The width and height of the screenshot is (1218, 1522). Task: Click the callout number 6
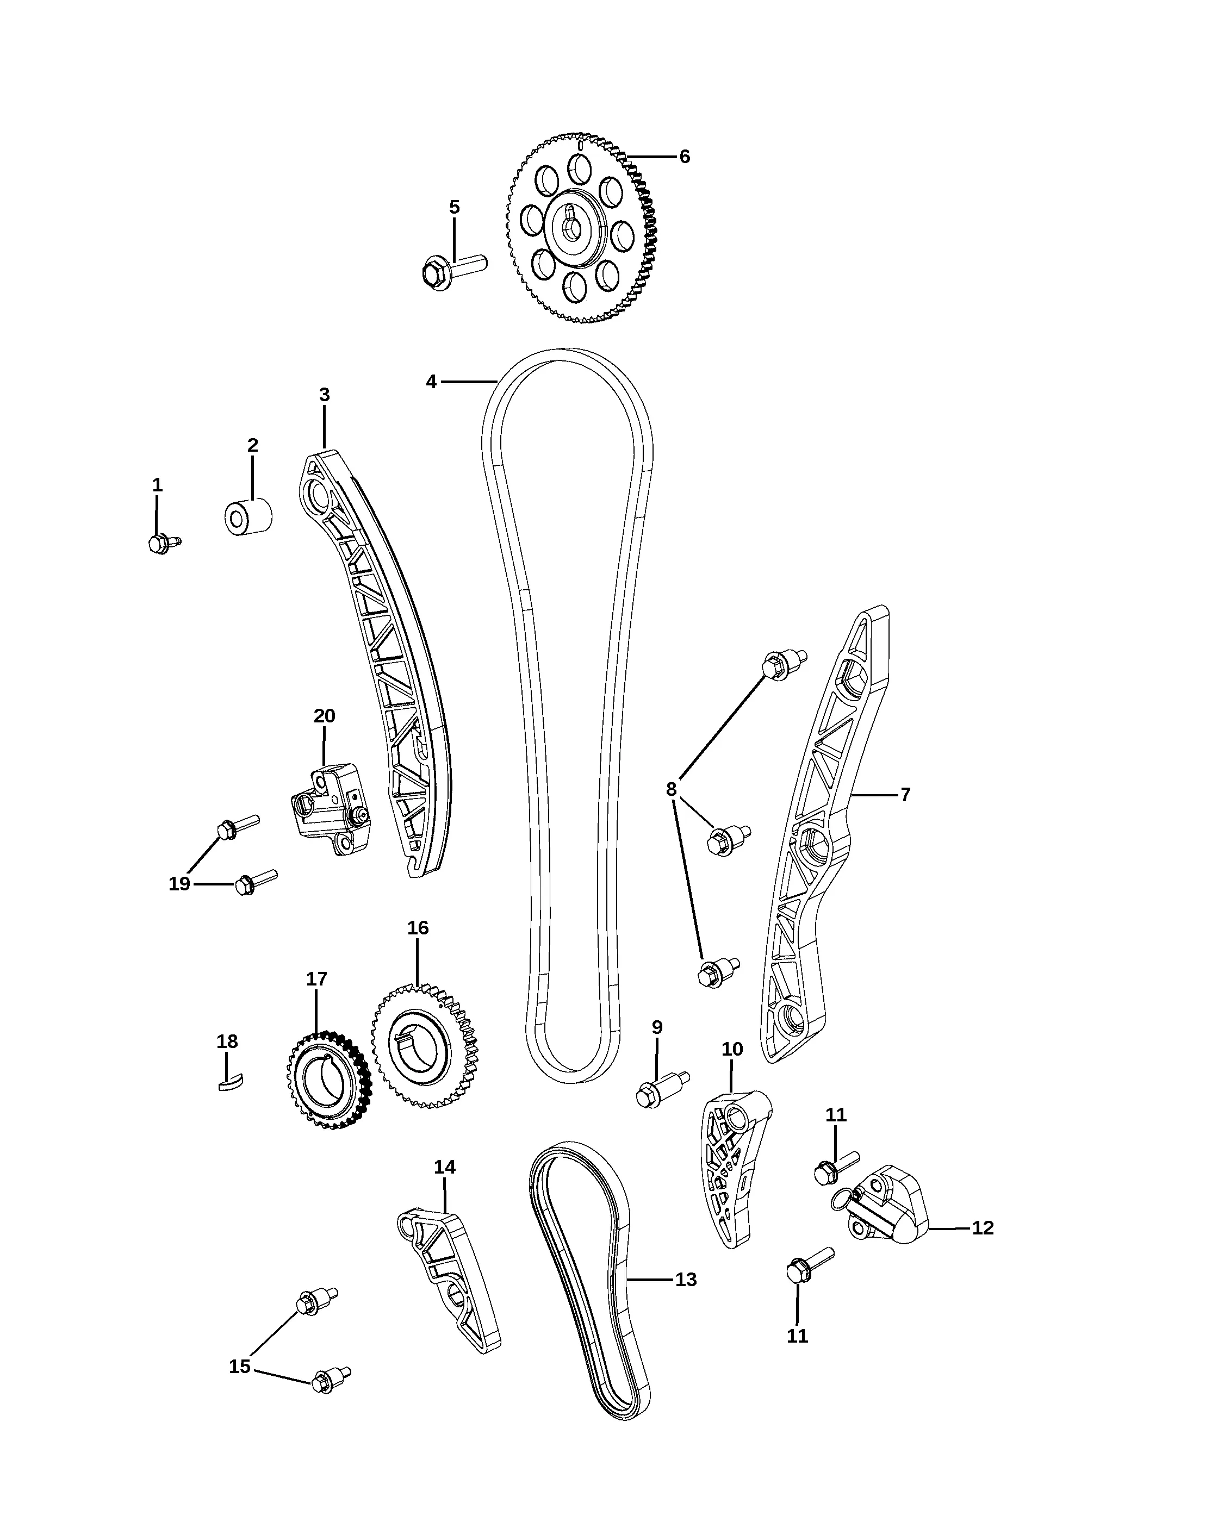[x=684, y=157]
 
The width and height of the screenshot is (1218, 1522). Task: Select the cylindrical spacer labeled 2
[x=248, y=517]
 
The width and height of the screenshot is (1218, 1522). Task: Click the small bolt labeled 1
[x=165, y=543]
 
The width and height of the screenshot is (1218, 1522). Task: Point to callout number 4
[x=431, y=382]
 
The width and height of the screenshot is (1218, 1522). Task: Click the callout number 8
[x=671, y=789]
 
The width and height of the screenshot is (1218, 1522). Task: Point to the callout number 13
[x=686, y=1279]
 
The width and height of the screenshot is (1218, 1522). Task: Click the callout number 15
[x=239, y=1367]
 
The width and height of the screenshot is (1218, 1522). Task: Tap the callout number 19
[x=179, y=883]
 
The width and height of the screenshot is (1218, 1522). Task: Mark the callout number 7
[x=905, y=794]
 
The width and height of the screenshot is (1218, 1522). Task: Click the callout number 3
[x=324, y=395]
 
